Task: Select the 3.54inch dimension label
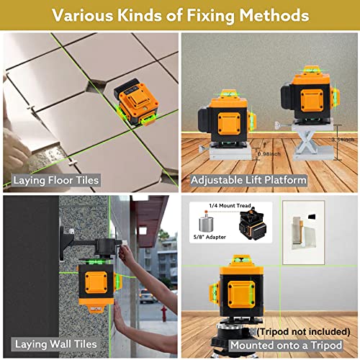point(341,138)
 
